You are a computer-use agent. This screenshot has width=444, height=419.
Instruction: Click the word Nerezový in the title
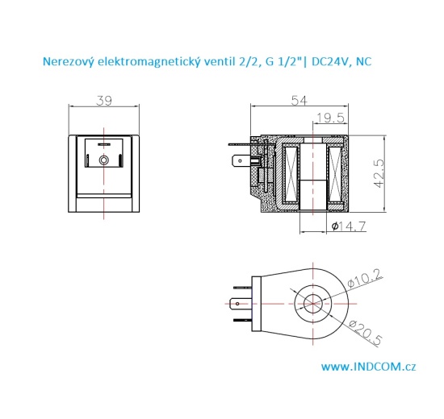[x=70, y=60]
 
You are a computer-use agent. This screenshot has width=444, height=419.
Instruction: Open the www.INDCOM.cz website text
[x=369, y=367]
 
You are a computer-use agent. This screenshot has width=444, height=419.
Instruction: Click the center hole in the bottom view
[x=312, y=305]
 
